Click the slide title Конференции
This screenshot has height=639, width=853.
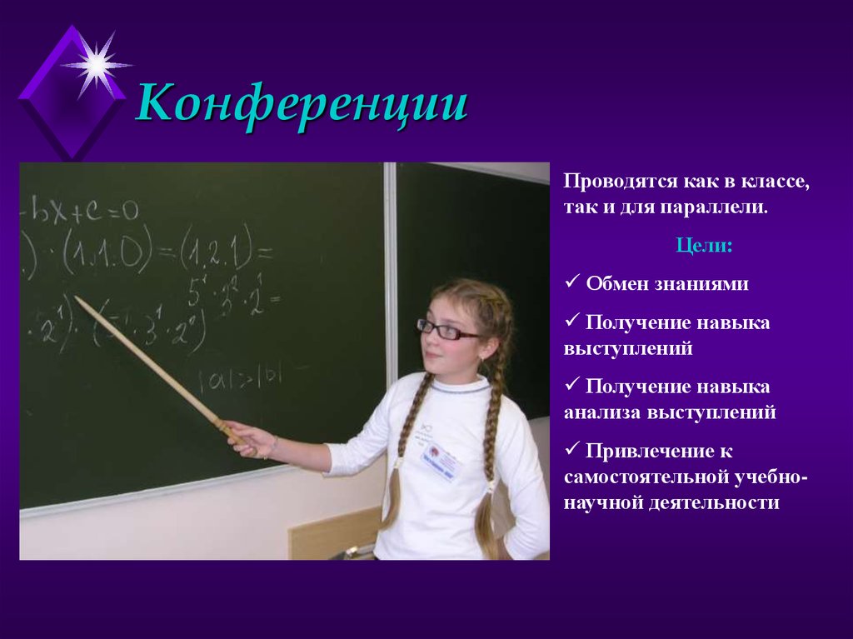(302, 106)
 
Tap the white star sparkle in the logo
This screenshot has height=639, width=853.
(97, 65)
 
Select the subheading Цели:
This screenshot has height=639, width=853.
(704, 247)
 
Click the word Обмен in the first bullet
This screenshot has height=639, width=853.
(616, 284)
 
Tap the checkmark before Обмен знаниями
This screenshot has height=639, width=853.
(572, 283)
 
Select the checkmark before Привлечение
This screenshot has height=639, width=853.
(572, 450)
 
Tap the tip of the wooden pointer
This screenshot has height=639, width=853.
(76, 297)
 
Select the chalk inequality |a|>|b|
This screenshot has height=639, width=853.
(240, 377)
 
